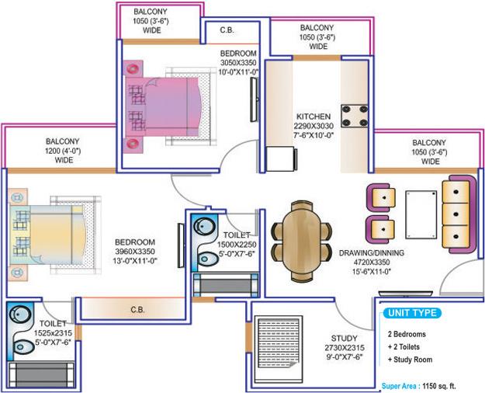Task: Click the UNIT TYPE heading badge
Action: [x=412, y=314]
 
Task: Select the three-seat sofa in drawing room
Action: [x=456, y=209]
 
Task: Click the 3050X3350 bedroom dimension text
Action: [x=237, y=61]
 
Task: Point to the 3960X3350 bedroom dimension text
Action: [x=135, y=252]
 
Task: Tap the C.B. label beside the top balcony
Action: [x=227, y=31]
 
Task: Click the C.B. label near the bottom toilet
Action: [x=137, y=309]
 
